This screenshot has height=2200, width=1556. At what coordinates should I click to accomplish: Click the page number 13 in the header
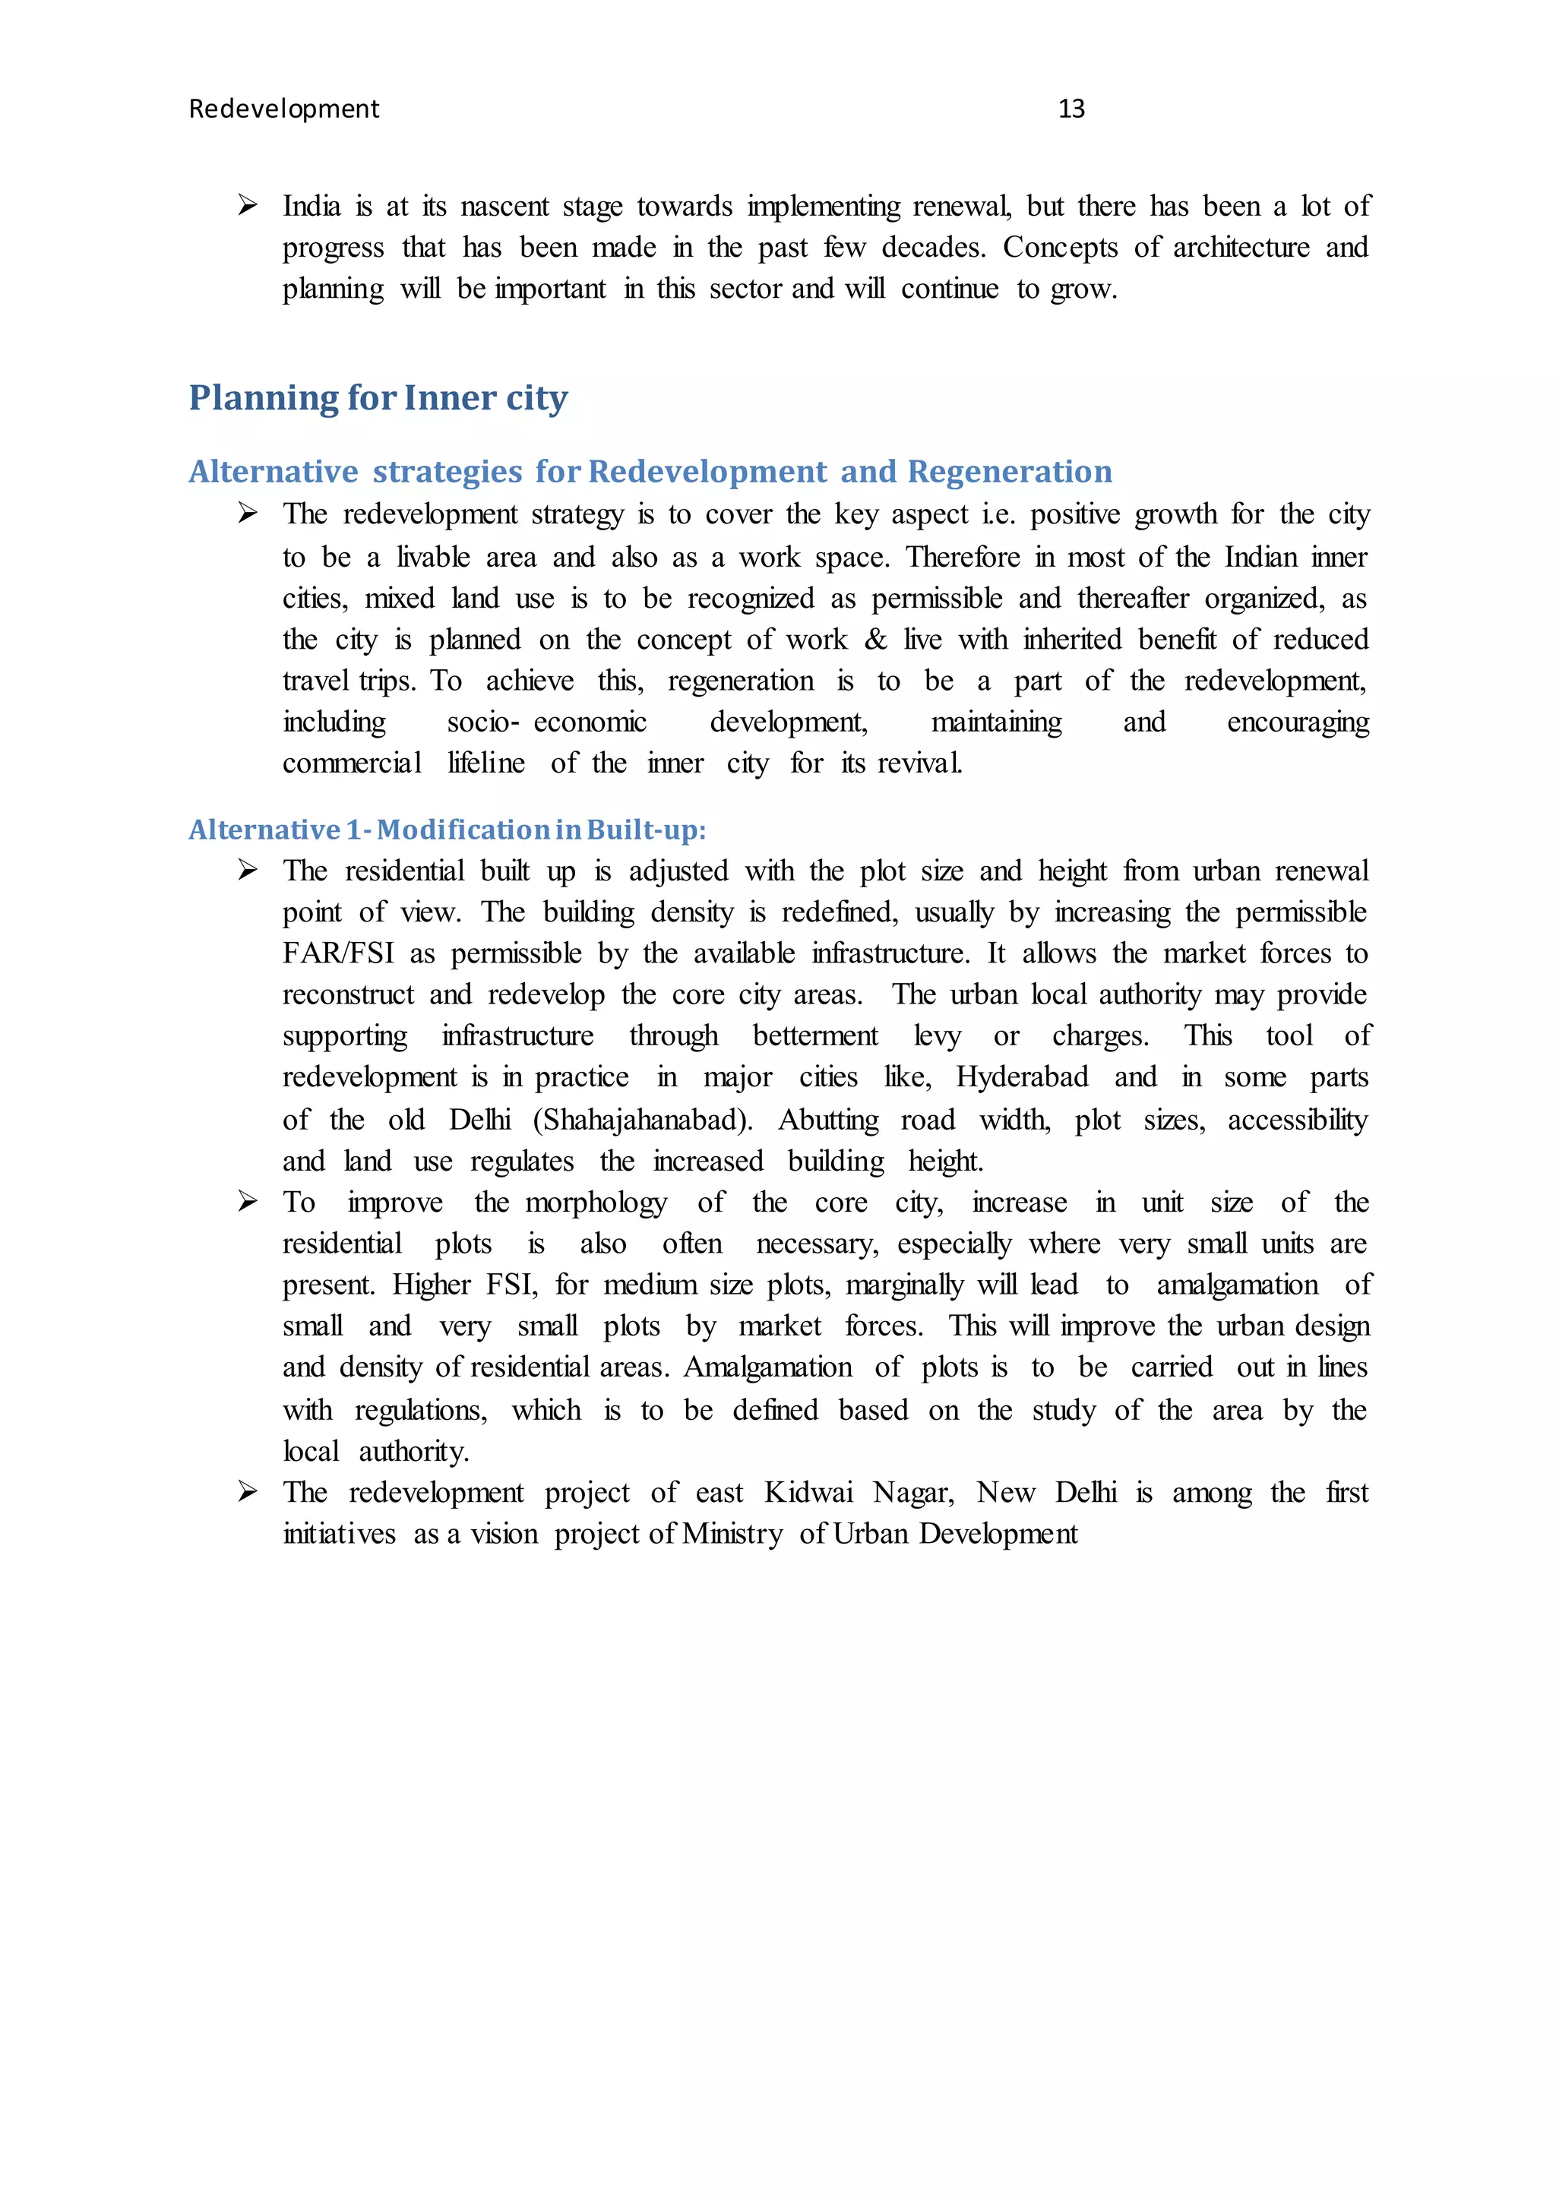(x=1071, y=109)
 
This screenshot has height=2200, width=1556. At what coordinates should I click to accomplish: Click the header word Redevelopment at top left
(x=283, y=109)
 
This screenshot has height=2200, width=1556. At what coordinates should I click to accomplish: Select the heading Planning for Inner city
(x=378, y=397)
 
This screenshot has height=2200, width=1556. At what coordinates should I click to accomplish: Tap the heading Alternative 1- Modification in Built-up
(x=447, y=830)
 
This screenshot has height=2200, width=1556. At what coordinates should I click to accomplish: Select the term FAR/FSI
(x=338, y=954)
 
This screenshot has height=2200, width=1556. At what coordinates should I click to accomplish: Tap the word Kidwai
(x=808, y=1493)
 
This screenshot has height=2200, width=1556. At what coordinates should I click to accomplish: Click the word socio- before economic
(x=483, y=722)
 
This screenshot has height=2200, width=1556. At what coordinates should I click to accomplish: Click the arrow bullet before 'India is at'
(x=247, y=205)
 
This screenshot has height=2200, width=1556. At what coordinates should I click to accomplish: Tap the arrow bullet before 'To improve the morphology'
(x=247, y=1202)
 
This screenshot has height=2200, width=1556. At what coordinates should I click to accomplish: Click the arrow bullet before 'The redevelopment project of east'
(x=247, y=1492)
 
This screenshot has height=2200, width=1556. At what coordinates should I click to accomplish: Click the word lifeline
(x=485, y=763)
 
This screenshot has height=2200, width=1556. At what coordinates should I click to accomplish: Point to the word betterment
(x=814, y=1037)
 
